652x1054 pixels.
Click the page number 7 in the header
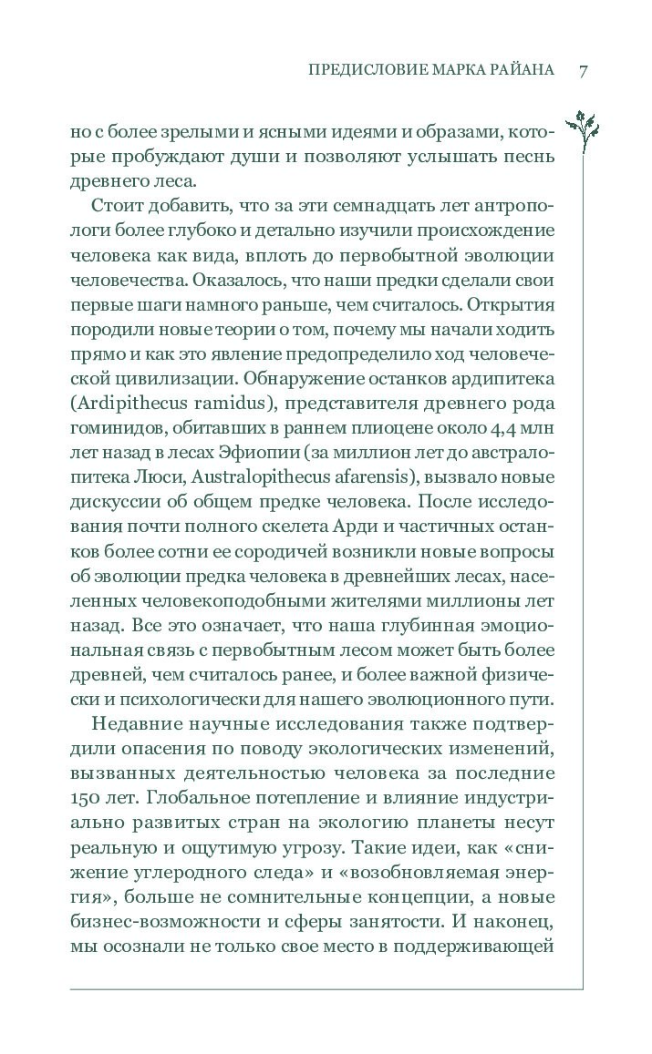(581, 71)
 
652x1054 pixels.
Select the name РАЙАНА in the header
(519, 71)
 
